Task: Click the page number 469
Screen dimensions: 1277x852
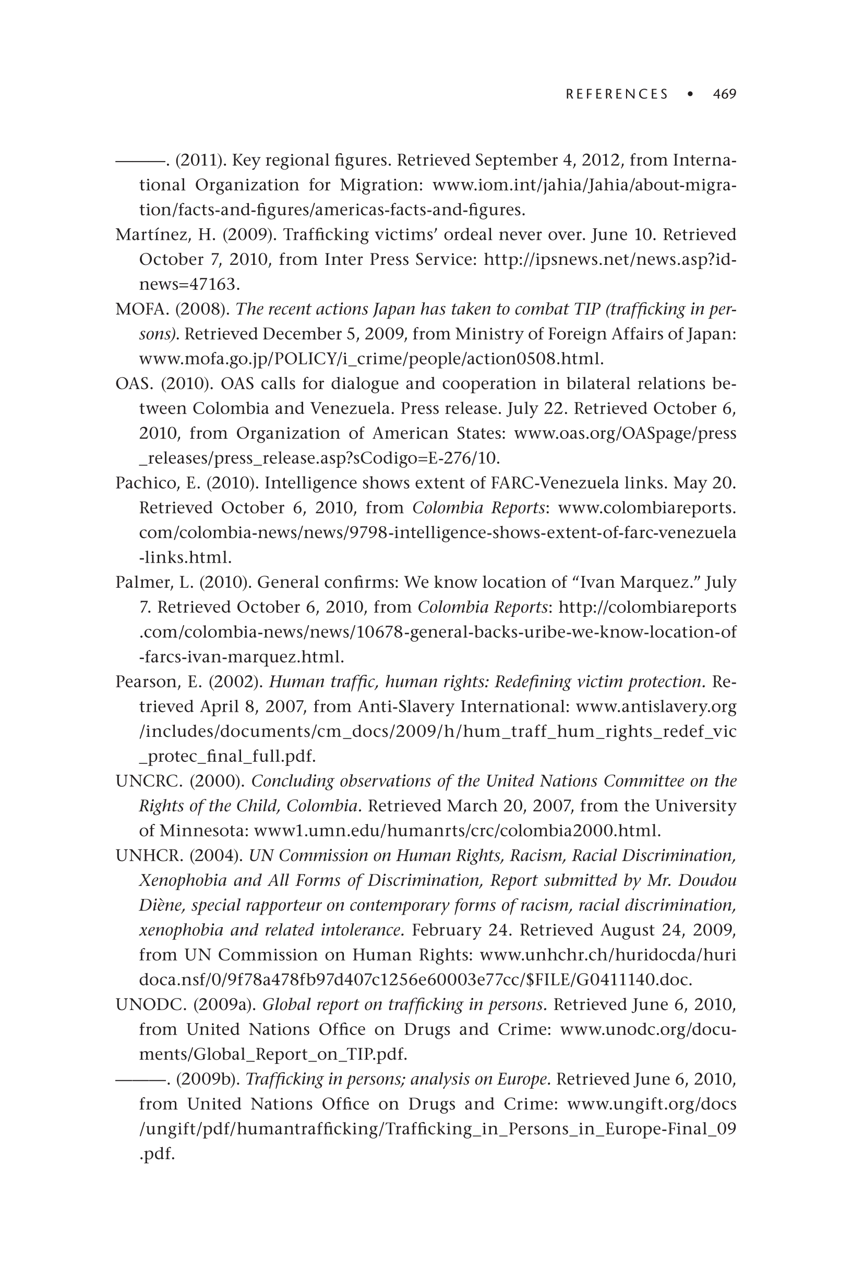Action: [x=724, y=94]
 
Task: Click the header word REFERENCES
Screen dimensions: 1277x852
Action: [x=617, y=94]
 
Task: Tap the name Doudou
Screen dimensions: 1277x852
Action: [x=711, y=880]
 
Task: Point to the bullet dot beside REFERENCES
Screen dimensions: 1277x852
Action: [x=690, y=94]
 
